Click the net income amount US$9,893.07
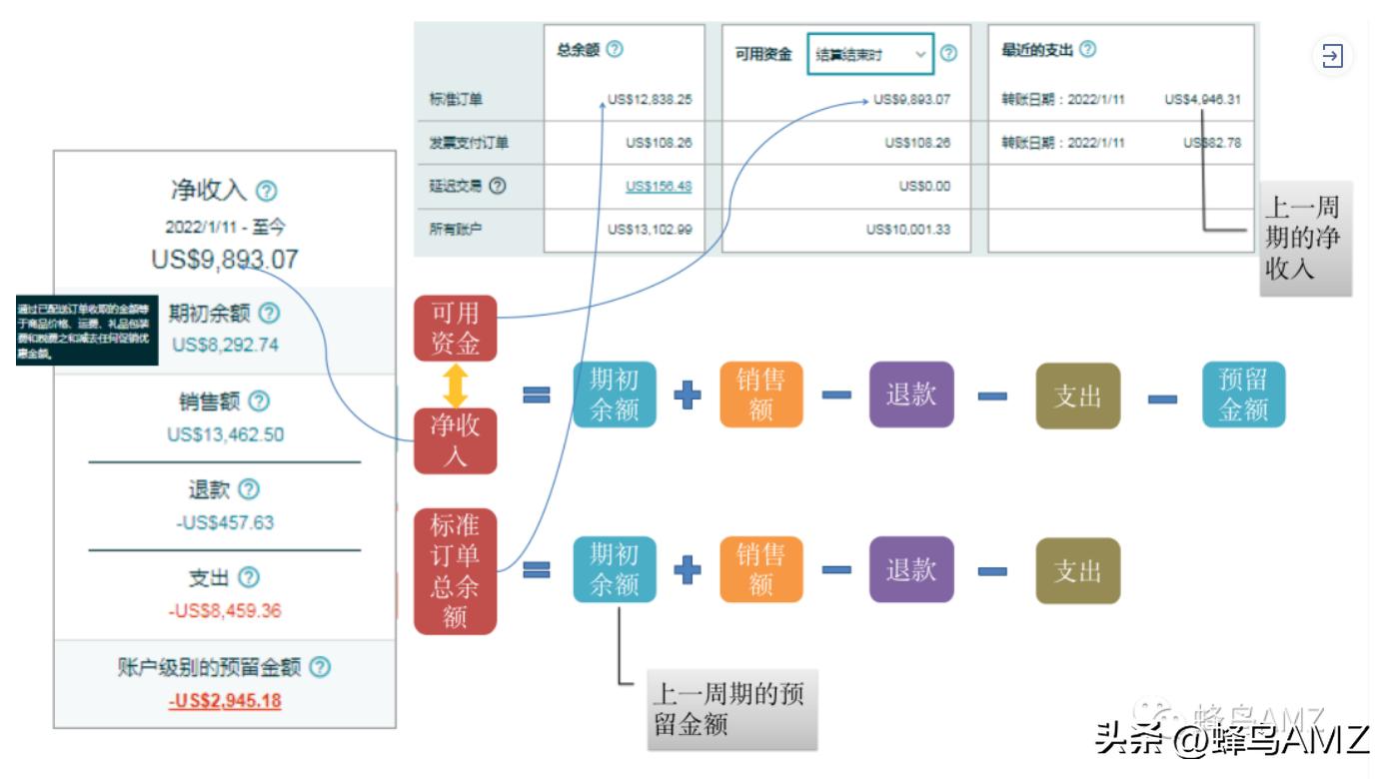click(x=225, y=260)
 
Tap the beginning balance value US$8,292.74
click(x=225, y=346)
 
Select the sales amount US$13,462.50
click(x=225, y=434)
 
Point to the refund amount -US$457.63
click(x=225, y=522)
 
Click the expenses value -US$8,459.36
click(x=225, y=610)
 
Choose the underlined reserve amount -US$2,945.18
click(x=225, y=700)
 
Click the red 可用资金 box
click(x=455, y=329)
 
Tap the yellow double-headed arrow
click(x=456, y=386)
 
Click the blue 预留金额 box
click(x=1243, y=395)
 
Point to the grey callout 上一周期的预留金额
click(x=730, y=709)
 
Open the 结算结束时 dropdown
click(x=869, y=55)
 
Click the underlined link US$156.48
click(x=659, y=186)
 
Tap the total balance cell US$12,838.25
click(x=651, y=100)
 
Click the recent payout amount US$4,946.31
click(x=1203, y=100)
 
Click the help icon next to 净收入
click(x=267, y=191)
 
